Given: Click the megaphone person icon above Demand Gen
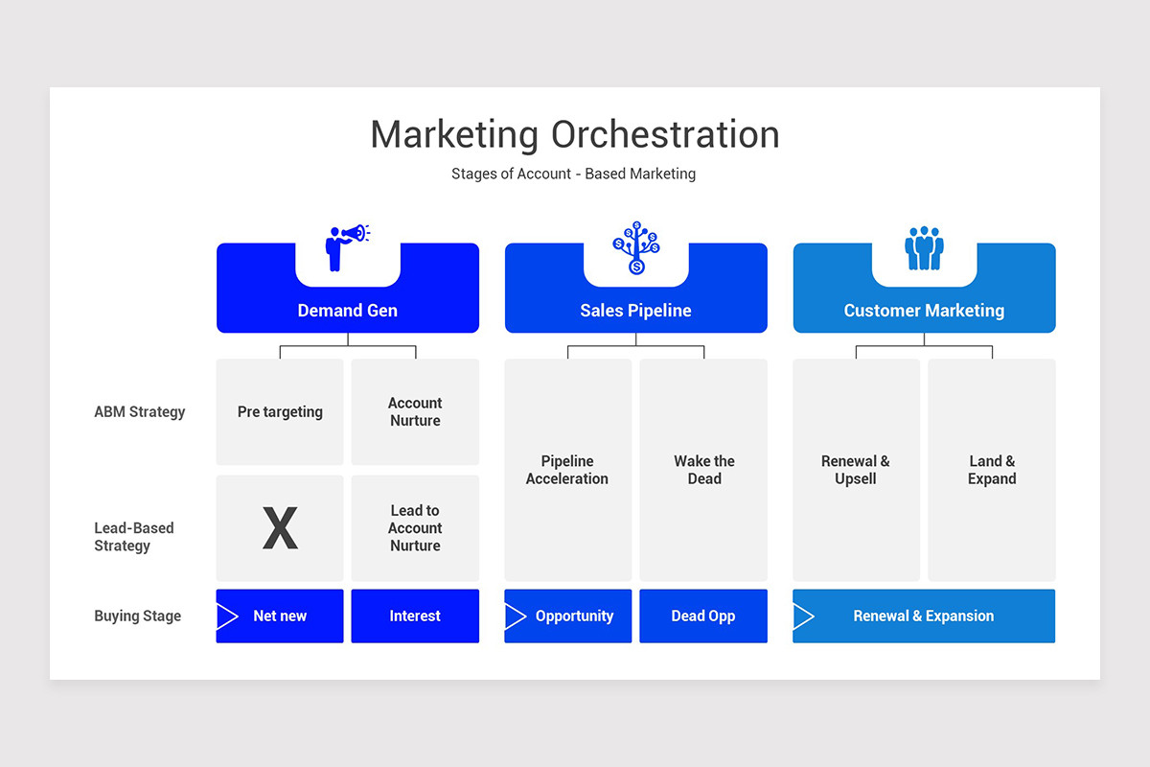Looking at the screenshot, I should click(346, 247).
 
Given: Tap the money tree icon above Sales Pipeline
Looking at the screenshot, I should click(635, 247).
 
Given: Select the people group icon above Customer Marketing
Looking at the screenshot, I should click(924, 247).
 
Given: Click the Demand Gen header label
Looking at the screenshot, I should click(347, 311).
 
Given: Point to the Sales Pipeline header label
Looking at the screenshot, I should click(635, 311).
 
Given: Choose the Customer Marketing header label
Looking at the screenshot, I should click(924, 311).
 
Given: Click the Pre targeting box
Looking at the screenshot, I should click(280, 412).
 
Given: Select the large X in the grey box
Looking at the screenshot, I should click(280, 528).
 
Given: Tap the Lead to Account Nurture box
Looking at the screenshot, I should click(415, 528).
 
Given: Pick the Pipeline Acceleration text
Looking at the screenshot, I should click(567, 470).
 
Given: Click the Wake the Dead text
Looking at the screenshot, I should click(703, 470).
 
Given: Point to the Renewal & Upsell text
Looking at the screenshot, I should click(855, 470).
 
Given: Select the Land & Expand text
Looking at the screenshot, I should click(992, 470).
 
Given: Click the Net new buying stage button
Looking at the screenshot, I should click(280, 616).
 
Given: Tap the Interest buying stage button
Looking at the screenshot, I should click(415, 616).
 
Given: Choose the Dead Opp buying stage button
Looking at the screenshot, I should click(703, 616).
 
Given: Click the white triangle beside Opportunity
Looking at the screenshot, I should click(515, 616).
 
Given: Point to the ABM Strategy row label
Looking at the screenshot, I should click(140, 412).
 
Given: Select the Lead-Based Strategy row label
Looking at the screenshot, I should click(134, 537).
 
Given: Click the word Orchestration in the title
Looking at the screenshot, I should click(665, 134).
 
